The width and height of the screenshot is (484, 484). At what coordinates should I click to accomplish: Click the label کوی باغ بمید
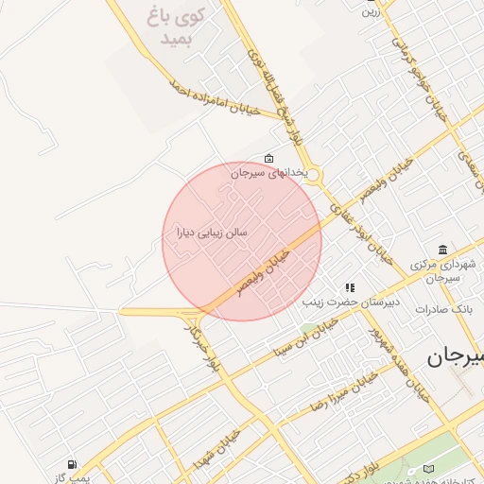171,26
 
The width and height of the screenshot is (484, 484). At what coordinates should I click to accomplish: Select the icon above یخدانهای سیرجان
269,158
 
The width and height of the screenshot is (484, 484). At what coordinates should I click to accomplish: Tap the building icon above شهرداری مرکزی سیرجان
442,250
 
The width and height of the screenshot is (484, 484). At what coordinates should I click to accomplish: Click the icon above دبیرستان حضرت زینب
350,287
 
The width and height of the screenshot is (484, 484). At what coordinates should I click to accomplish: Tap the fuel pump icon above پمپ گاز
72,464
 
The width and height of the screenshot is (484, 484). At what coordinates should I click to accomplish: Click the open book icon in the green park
427,468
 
